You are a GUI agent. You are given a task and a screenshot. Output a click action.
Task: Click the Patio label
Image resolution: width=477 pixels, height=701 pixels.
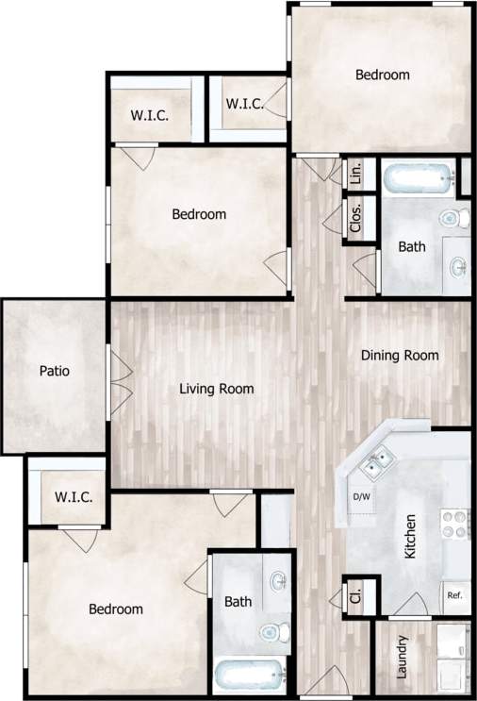(55, 371)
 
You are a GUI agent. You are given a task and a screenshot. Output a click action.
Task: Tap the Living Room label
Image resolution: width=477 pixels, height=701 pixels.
(217, 388)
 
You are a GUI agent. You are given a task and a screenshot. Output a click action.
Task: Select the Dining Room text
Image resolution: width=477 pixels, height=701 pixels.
(401, 356)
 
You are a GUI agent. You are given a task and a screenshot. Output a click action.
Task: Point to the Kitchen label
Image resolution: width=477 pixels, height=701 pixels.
(410, 536)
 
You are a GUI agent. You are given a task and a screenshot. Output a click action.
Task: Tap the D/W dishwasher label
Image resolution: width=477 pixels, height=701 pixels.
(362, 496)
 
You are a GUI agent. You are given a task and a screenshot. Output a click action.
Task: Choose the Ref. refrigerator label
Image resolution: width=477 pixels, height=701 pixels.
(453, 595)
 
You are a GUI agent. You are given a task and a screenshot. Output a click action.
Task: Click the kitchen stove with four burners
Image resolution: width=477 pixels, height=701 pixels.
(454, 523)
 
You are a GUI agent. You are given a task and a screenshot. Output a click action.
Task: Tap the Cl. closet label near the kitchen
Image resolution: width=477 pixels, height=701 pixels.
(356, 596)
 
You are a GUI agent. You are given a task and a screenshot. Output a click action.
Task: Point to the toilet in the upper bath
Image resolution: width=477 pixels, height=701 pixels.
(452, 219)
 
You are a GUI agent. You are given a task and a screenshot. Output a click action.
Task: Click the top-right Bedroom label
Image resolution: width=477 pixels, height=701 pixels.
(382, 75)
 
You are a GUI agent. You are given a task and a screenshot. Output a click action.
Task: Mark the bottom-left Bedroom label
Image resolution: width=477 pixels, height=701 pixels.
(116, 609)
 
